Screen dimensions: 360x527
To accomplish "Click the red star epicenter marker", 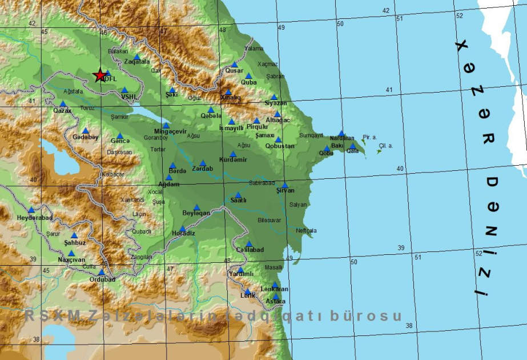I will tap(100, 75).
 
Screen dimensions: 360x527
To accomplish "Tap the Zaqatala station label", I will tap(137, 62).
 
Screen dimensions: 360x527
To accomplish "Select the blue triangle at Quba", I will tap(248, 75).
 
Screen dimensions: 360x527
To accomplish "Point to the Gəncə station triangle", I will tap(120, 136).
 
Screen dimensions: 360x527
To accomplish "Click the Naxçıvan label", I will tap(71, 260).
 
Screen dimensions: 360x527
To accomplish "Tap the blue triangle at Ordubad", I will tap(102, 273).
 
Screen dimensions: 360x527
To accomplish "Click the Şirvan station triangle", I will tap(284, 185).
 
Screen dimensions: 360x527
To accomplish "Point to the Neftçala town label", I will tap(306, 231).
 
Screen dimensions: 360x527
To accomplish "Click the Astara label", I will tap(275, 302).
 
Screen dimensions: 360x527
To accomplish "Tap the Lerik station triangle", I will tap(248, 291).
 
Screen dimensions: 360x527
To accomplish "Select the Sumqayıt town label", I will tap(311, 135).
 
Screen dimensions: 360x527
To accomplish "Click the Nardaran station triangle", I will tap(341, 133).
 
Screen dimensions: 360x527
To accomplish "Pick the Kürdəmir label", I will tap(233, 160).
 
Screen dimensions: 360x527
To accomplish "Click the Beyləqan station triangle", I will tap(196, 207).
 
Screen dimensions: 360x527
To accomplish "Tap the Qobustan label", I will tap(280, 146).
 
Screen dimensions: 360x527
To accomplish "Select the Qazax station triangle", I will tap(63, 104).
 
